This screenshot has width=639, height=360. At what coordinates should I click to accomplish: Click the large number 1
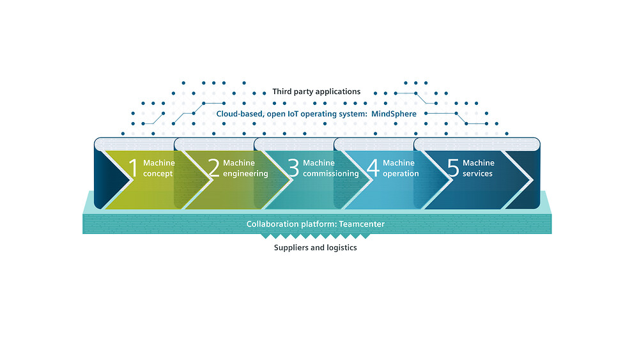pos(134,168)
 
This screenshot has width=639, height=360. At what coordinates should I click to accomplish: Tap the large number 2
pos(213,168)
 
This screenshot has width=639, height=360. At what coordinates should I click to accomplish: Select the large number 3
pos(293,168)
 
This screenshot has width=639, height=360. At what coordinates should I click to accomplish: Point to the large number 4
pos(373,168)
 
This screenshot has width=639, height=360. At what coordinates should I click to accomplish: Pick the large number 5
pos(453,168)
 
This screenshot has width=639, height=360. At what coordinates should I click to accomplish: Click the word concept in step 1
pos(158,174)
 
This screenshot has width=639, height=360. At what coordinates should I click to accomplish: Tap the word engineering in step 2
pos(245,174)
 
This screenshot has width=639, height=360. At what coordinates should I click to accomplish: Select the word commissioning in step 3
pos(330,174)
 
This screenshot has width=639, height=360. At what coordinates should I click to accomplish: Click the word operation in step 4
pos(401,174)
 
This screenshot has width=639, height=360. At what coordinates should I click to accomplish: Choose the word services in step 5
pos(477,174)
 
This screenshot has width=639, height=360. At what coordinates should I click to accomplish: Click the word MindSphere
pos(394,114)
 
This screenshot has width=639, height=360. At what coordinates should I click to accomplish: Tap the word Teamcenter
pos(362,224)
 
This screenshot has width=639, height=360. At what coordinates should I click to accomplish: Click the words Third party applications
pos(316,91)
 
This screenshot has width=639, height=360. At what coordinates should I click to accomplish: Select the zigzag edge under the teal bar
pos(315,236)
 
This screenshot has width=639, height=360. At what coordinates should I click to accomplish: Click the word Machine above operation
pos(399,163)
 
